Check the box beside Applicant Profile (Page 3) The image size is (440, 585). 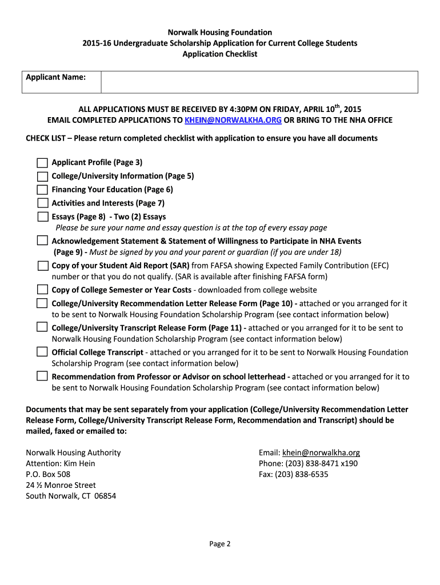[x=42, y=163]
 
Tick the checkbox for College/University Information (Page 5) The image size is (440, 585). [x=42, y=176]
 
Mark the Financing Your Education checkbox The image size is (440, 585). [x=42, y=190]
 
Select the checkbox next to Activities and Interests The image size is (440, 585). [x=42, y=203]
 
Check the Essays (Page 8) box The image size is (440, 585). [x=42, y=217]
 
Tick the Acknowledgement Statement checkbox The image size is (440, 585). [x=42, y=241]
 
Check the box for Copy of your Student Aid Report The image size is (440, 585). [x=42, y=266]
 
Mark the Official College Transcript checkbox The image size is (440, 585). [x=42, y=351]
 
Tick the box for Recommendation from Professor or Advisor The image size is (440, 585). [x=42, y=376]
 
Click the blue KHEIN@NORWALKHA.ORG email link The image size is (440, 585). [x=233, y=120]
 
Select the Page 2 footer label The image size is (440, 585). [x=220, y=544]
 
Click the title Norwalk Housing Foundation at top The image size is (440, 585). [x=220, y=33]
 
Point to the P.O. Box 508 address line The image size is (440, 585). [x=49, y=474]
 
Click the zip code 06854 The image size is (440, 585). [x=105, y=496]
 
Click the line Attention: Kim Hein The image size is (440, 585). [x=61, y=463]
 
